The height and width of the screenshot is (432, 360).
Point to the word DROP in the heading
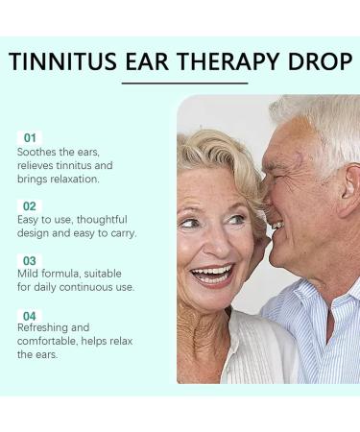click(323, 62)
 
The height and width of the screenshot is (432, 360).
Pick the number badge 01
click(30, 137)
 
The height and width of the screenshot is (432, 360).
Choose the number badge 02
click(30, 205)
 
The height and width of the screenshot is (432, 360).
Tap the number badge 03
click(30, 260)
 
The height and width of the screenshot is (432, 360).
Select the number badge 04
click(30, 315)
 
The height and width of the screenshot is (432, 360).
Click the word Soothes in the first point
click(38, 153)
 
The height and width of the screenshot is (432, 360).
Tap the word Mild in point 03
click(30, 275)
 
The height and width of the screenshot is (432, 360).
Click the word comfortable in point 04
click(51, 342)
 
